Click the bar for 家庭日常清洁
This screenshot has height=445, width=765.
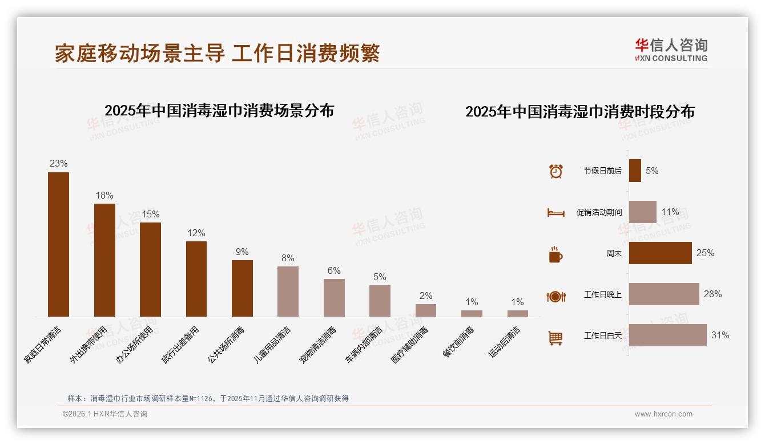coord(58,244)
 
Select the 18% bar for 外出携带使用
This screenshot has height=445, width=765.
coord(104,260)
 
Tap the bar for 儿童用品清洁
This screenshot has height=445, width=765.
coord(288,291)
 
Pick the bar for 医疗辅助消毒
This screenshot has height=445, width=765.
coord(425,310)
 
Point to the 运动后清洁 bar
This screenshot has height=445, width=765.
coord(517,313)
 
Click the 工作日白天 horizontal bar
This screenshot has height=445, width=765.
coord(667,335)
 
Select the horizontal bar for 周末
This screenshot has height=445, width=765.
coord(660,253)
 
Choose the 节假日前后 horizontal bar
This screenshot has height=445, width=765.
coord(635,171)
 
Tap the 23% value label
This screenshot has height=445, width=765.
coord(58,164)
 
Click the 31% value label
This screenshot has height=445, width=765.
coord(720,335)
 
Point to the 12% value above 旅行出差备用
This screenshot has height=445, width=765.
coord(196,233)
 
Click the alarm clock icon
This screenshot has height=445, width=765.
coord(555,171)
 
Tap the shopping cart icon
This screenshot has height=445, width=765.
coord(555,338)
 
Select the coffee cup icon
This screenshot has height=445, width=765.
coord(555,254)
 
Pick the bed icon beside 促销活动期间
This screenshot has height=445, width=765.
coord(555,212)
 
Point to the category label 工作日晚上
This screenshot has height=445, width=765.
coord(602,294)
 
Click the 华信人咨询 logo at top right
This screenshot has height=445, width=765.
coord(671,50)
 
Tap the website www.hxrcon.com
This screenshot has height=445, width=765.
coord(663,414)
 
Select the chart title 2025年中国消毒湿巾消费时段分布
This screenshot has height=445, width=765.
coord(579,111)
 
